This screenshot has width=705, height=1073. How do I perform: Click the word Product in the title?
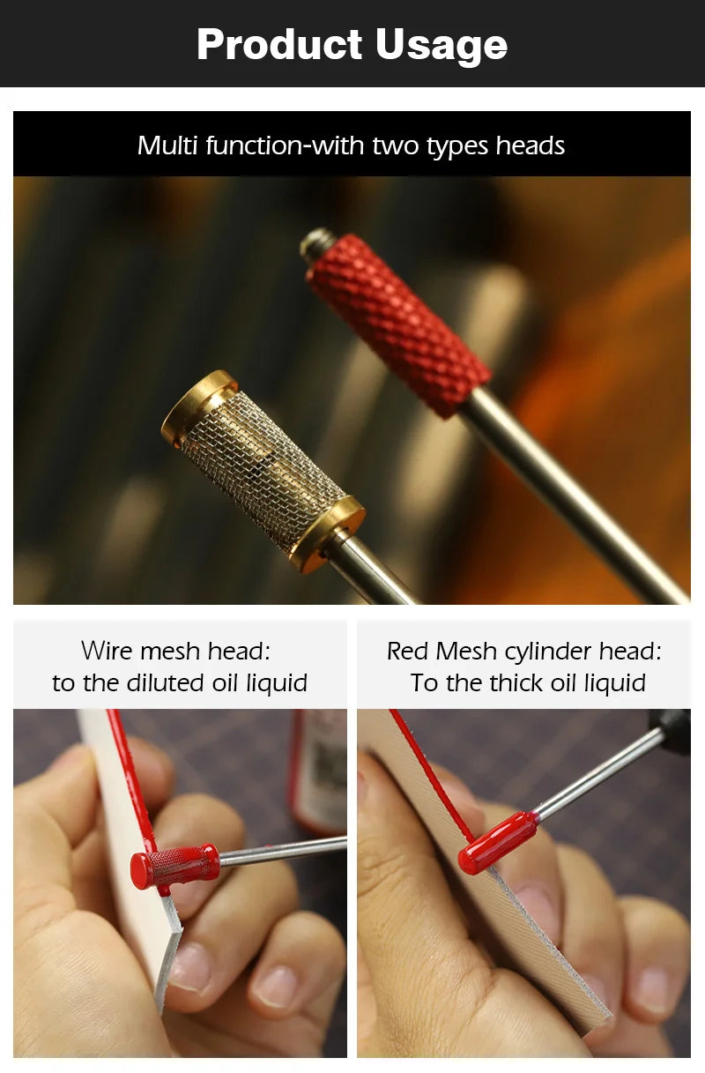pyautogui.click(x=279, y=44)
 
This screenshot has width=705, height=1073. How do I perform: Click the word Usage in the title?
pyautogui.click(x=442, y=46)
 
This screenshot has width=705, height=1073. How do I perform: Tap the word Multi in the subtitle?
pyautogui.click(x=167, y=145)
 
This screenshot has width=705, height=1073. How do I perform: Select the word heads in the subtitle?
pyautogui.click(x=530, y=145)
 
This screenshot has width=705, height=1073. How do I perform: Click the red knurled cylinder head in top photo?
pyautogui.click(x=398, y=324)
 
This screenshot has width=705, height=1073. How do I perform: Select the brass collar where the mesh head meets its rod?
pyautogui.click(x=327, y=534)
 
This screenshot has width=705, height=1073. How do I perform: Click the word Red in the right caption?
pyautogui.click(x=407, y=651)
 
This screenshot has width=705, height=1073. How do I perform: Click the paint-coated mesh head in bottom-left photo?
pyautogui.click(x=174, y=868)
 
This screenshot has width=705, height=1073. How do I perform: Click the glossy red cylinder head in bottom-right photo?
pyautogui.click(x=497, y=842)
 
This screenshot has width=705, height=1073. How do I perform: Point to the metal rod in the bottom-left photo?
pyautogui.click(x=283, y=853)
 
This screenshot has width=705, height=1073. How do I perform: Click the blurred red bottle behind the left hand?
pyautogui.click(x=318, y=771)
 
